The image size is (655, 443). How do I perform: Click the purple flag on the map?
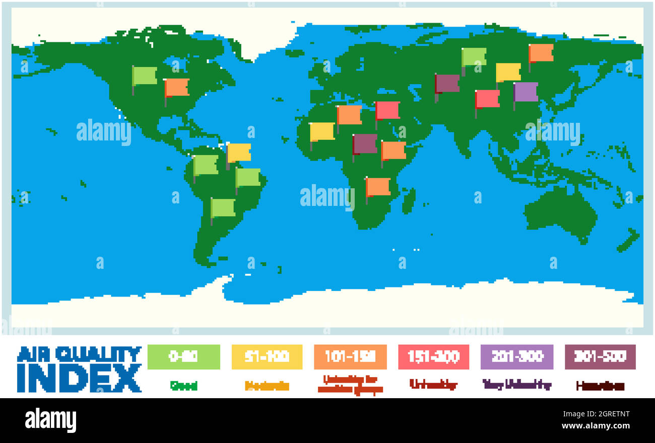click(x=526, y=92)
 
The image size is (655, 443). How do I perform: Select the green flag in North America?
click(x=145, y=76)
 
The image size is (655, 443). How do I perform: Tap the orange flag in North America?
click(x=177, y=88)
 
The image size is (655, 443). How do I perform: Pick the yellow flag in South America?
click(x=239, y=153)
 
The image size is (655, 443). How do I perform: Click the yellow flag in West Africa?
click(x=322, y=132)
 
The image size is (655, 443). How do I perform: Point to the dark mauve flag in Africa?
click(x=365, y=143)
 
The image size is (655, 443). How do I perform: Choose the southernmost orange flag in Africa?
click(x=378, y=187)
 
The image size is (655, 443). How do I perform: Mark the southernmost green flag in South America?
click(x=223, y=207)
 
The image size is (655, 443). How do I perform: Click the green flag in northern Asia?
click(x=474, y=57)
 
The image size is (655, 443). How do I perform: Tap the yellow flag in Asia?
click(x=508, y=72)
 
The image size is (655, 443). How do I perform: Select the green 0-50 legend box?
click(x=183, y=357)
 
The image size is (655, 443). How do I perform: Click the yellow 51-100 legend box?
click(x=267, y=357)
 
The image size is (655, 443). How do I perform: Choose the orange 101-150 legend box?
click(x=350, y=357)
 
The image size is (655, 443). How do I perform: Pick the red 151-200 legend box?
click(x=433, y=357)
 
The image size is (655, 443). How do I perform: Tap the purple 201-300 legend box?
click(x=516, y=357)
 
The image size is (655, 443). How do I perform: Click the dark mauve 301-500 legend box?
click(x=600, y=357)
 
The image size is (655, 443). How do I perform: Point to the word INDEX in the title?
click(x=79, y=378)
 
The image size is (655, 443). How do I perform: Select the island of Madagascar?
click(x=409, y=199)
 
